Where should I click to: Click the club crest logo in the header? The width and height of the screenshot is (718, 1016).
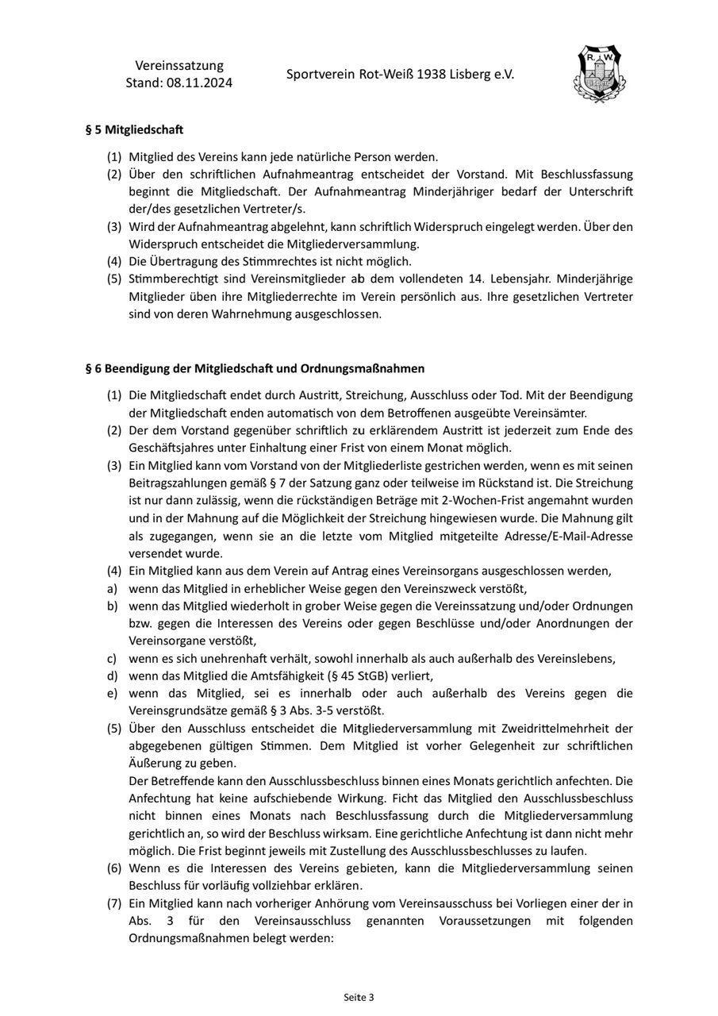click(x=599, y=75)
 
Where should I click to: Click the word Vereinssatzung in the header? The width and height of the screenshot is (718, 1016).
click(x=179, y=65)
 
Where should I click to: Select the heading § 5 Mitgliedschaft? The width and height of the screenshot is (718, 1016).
click(x=134, y=129)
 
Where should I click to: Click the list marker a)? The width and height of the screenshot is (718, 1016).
click(x=112, y=588)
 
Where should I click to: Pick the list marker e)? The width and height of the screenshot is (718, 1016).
click(x=112, y=693)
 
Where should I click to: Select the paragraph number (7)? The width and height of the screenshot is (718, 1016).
click(x=114, y=903)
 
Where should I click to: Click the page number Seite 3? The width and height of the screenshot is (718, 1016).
click(x=359, y=997)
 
